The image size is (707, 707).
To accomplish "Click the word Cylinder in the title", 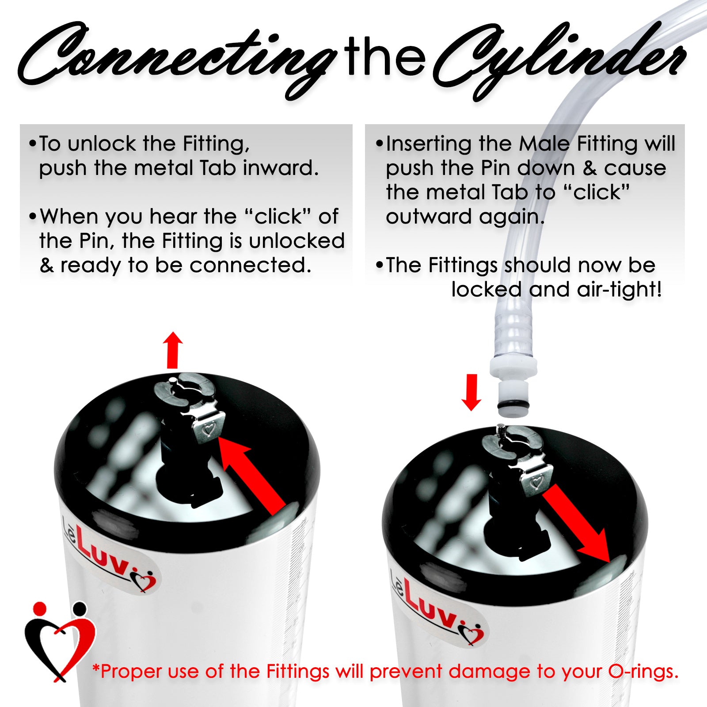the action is coord(559,60).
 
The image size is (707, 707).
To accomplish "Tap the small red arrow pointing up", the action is coord(173,350).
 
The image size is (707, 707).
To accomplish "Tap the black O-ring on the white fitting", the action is coord(513,405).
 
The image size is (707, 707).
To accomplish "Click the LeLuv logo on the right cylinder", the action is coord(437,608).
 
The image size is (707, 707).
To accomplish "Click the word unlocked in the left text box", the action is coord(296,241).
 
